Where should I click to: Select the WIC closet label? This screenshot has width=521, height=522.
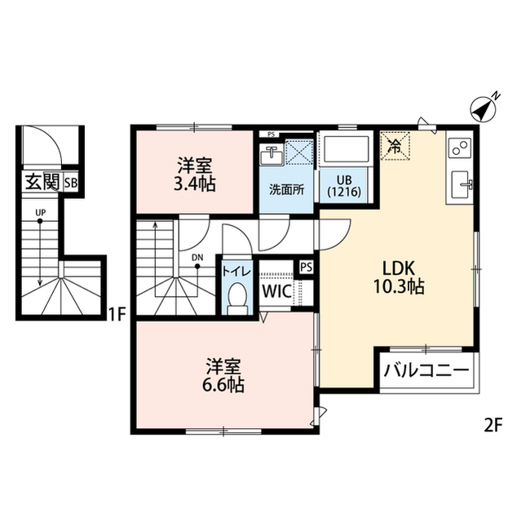click(276, 291)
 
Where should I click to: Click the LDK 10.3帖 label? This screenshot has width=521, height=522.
click(399, 277)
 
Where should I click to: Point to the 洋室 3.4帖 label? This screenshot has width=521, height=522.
click(195, 175)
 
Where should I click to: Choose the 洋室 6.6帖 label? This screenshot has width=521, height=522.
click(223, 375)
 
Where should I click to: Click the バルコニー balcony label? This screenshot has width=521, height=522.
click(426, 370)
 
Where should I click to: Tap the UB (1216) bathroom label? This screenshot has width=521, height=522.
click(344, 186)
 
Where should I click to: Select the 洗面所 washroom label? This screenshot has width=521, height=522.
click(286, 189)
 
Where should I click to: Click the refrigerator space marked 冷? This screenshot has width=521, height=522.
click(395, 146)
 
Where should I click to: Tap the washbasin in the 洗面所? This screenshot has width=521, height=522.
click(272, 154)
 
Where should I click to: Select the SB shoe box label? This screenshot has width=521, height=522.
click(71, 183)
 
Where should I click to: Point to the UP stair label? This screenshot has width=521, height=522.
click(40, 212)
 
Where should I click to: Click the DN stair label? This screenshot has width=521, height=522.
click(197, 258)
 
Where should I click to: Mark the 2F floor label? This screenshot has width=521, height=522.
click(492, 426)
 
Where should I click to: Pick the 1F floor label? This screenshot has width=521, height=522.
click(117, 314)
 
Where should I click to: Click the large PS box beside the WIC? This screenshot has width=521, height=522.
click(307, 268)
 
